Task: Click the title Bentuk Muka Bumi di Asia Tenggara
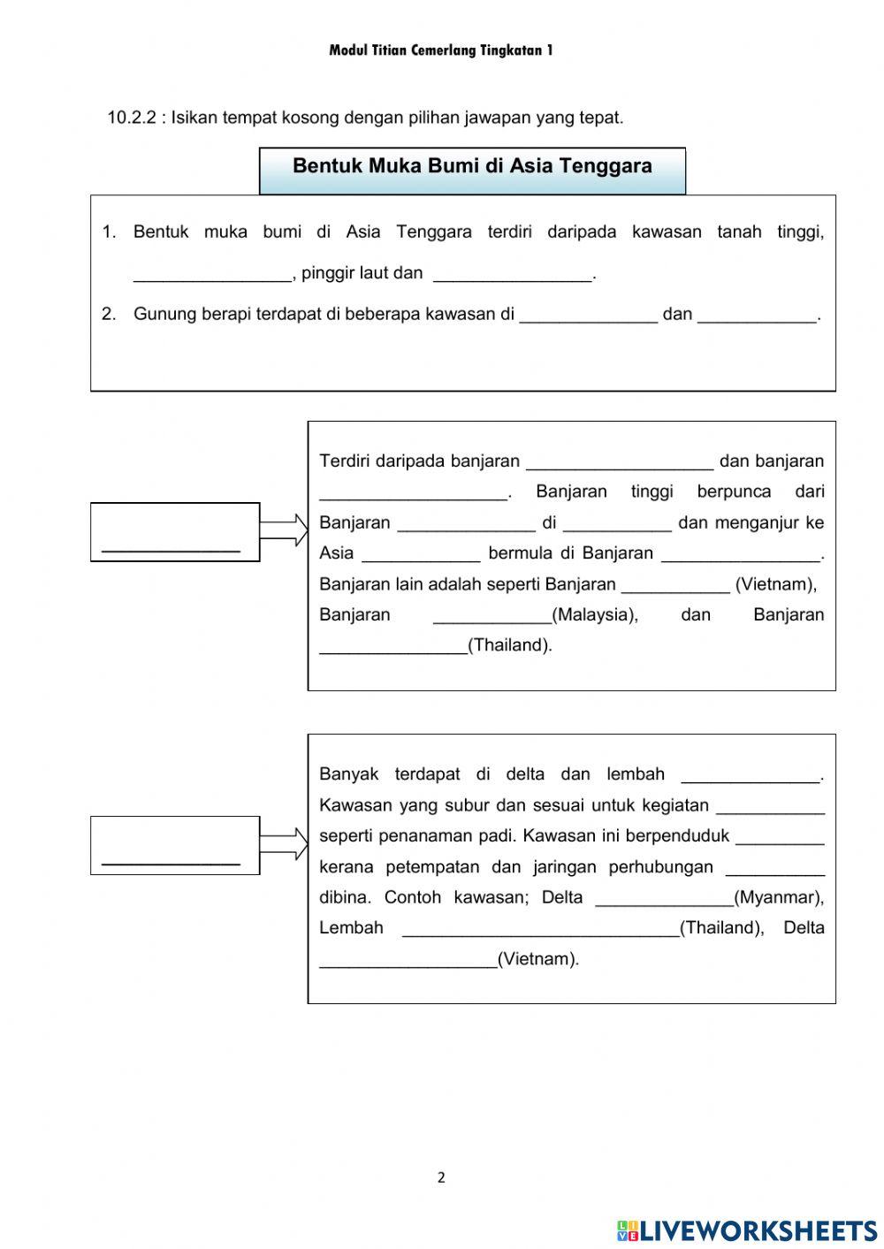[472, 166]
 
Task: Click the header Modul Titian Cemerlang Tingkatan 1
[441, 50]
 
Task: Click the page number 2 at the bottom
[441, 1177]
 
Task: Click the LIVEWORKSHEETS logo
[747, 1230]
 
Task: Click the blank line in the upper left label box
[171, 548]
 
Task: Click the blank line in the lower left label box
[171, 861]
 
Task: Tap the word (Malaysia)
[595, 614]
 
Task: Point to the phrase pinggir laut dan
[362, 273]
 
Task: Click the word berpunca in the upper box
[734, 491]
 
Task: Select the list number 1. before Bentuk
[109, 232]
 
